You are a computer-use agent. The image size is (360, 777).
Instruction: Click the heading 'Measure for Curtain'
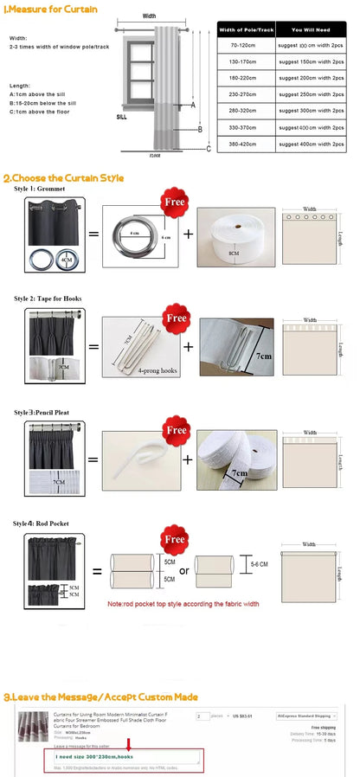[x=52, y=10]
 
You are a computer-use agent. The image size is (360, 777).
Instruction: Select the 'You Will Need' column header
[x=306, y=29]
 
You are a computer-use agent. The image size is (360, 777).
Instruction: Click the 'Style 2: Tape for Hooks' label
[x=48, y=298]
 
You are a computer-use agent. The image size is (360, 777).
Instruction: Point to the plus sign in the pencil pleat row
[x=189, y=458]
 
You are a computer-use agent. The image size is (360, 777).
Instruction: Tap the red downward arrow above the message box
[x=127, y=744]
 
